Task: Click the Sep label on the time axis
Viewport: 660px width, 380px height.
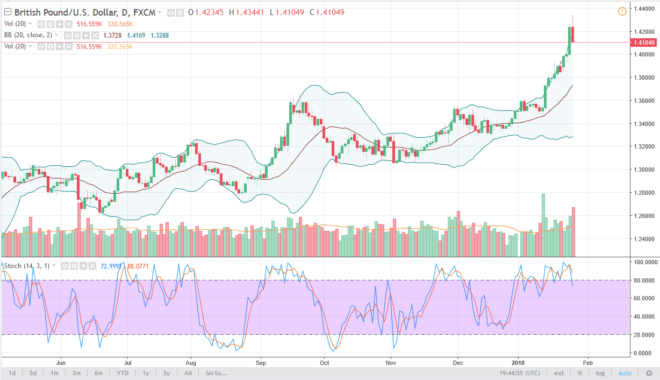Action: [x=261, y=362]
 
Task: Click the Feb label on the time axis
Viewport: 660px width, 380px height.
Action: [x=588, y=362]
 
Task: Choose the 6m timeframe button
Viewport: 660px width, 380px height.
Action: [x=98, y=373]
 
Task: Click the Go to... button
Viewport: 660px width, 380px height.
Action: [x=216, y=373]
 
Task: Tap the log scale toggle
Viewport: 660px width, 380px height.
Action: [x=600, y=373]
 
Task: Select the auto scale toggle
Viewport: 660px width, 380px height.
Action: [x=625, y=373]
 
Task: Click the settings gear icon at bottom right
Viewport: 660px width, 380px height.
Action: [x=649, y=373]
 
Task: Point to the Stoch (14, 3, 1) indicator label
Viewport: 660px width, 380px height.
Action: [x=31, y=266]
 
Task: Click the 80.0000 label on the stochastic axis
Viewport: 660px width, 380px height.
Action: [x=644, y=280]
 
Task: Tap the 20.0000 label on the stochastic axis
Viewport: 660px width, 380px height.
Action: [x=644, y=335]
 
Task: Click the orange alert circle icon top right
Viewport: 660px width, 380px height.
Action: [x=622, y=11]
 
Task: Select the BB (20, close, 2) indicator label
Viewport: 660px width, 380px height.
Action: [x=32, y=35]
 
